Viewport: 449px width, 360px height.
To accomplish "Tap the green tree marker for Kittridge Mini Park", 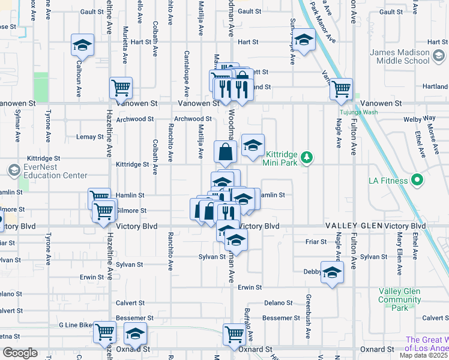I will (x=307, y=158).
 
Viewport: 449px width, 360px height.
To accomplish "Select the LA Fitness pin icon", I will (x=417, y=180).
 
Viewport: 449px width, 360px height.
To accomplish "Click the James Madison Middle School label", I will (x=400, y=57).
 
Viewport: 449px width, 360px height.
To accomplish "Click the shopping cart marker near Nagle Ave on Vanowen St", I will (x=342, y=89).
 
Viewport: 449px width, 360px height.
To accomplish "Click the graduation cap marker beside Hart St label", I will (x=304, y=40).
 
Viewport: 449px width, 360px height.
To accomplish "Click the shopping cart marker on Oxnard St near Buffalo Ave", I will (x=234, y=334).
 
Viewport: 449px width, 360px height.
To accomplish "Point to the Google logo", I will (x=20, y=353).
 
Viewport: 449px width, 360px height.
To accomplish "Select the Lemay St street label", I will (x=90, y=137).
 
